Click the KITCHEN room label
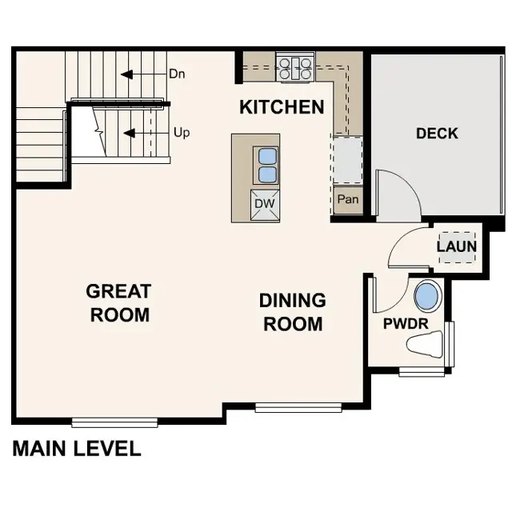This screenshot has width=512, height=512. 282,107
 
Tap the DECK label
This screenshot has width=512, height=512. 437,134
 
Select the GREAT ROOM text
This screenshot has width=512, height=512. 119,303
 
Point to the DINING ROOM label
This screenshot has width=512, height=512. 293,312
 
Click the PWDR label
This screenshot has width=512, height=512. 406,323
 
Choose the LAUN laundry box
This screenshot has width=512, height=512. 456,246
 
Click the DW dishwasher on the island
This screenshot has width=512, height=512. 265,204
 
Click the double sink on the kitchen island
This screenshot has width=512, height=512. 266,165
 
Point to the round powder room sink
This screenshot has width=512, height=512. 427,297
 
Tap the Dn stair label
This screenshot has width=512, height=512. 178,74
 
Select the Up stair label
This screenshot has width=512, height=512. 182,132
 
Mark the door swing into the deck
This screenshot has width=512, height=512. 398,194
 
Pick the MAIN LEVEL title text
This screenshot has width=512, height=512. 77,449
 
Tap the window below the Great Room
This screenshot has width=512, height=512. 114,422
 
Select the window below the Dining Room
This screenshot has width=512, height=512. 298,408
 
